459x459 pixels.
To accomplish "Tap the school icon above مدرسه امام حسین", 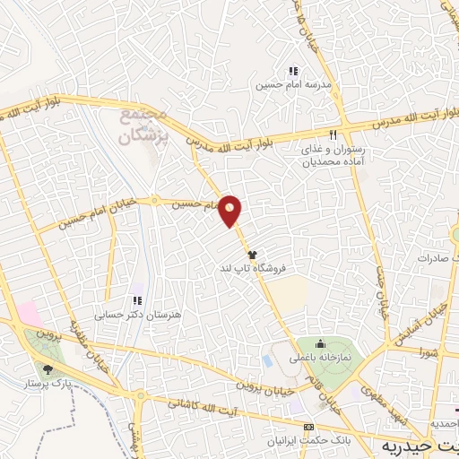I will click(x=291, y=71).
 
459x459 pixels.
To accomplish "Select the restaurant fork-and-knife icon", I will click(x=333, y=135).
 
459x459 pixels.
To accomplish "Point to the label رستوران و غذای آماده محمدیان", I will click(x=333, y=157).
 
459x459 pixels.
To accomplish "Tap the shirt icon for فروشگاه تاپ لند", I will click(x=252, y=255).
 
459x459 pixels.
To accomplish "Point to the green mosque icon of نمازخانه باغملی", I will click(x=320, y=344).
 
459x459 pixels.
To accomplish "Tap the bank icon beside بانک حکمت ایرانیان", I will click(x=309, y=427).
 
